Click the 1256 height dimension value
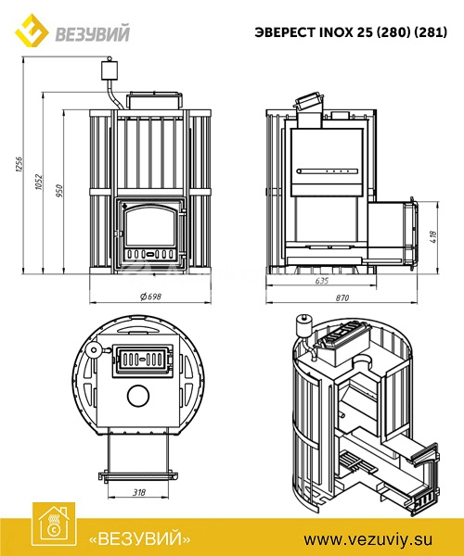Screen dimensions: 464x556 coord(19,165)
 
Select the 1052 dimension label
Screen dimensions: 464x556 coord(39,182)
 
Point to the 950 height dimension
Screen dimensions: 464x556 coord(59,191)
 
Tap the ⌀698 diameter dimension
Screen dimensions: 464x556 coord(150,297)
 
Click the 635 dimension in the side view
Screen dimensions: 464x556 coord(322,281)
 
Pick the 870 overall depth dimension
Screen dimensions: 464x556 coord(342,297)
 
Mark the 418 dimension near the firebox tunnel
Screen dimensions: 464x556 coord(433,237)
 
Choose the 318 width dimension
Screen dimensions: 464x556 coord(139,492)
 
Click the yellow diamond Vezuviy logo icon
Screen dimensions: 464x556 coord(32,32)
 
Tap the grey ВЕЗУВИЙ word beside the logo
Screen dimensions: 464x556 coord(92,34)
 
